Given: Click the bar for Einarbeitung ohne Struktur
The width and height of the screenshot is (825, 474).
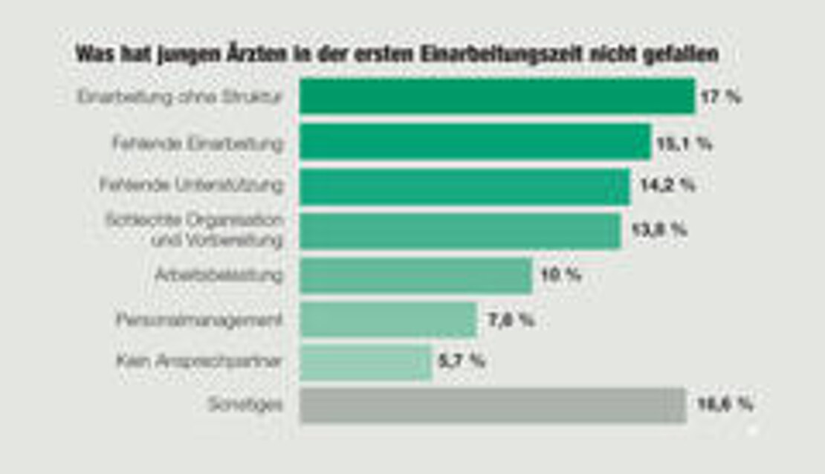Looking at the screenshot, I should pyautogui.click(x=496, y=97).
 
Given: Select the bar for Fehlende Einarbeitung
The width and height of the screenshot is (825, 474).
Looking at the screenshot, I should pyautogui.click(x=475, y=142).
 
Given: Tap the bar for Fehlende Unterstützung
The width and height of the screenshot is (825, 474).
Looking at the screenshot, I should pyautogui.click(x=465, y=186).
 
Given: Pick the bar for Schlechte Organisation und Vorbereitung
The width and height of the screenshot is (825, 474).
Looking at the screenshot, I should pyautogui.click(x=460, y=230).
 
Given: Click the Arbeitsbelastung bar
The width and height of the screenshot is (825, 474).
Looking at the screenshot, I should pyautogui.click(x=415, y=276).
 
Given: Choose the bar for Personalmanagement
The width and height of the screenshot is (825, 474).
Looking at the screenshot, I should pyautogui.click(x=388, y=320).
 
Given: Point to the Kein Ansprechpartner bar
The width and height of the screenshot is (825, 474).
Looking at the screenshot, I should pyautogui.click(x=366, y=363).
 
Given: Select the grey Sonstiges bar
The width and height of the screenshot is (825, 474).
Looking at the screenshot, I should pyautogui.click(x=493, y=405).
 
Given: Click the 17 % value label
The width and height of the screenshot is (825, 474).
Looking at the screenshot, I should pyautogui.click(x=720, y=97).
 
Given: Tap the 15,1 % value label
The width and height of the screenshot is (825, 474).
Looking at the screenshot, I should pyautogui.click(x=682, y=143).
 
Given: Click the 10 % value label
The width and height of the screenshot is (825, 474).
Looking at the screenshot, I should pyautogui.click(x=560, y=276).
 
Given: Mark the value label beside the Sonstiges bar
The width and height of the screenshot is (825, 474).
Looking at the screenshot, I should pyautogui.click(x=725, y=405).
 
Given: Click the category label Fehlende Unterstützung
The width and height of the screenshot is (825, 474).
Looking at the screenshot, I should pyautogui.click(x=191, y=185).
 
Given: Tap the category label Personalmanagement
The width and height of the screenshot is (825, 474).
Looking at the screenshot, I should pyautogui.click(x=199, y=320).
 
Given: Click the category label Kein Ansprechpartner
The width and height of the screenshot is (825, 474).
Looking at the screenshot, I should pyautogui.click(x=199, y=362).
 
